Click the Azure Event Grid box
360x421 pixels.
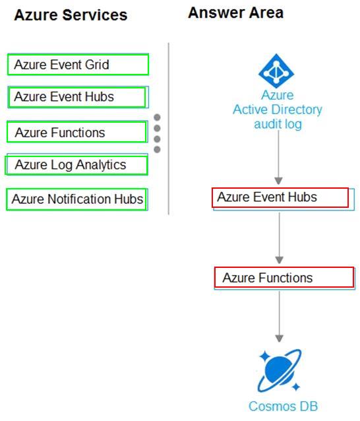(78, 65)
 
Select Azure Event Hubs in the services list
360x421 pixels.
(78, 97)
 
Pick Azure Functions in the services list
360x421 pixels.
(77, 132)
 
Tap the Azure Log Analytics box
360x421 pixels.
(76, 164)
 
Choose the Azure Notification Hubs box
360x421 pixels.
(76, 199)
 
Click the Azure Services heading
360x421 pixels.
(71, 15)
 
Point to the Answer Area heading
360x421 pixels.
(236, 13)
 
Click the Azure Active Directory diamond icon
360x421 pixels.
(276, 71)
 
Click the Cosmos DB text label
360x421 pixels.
(283, 406)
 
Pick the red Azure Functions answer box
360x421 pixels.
(284, 278)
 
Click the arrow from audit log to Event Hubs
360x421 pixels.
(278, 157)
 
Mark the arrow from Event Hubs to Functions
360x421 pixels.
(280, 238)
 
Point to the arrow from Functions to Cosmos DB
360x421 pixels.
(280, 317)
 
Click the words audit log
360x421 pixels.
(278, 124)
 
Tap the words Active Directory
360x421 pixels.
(278, 110)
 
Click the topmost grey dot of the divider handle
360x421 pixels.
(157, 117)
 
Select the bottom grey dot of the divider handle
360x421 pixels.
(157, 149)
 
